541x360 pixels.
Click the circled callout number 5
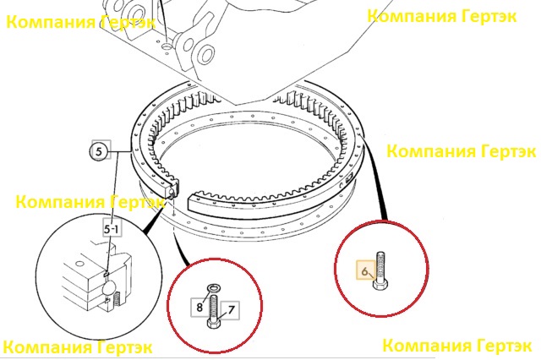(x=99, y=151)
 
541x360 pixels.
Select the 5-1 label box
(x=112, y=228)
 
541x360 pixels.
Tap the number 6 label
(x=365, y=270)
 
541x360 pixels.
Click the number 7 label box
(x=230, y=310)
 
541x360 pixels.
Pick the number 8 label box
(x=200, y=307)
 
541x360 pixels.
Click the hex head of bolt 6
(x=380, y=284)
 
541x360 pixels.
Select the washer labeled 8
(x=214, y=287)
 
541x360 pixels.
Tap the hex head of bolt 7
(x=214, y=323)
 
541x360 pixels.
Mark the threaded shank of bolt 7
(x=214, y=307)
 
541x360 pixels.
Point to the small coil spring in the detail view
(x=117, y=298)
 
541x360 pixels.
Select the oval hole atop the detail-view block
(x=79, y=265)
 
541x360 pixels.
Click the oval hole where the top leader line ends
(x=167, y=45)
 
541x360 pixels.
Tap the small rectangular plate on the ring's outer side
(x=349, y=178)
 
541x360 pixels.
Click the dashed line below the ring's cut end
(x=174, y=205)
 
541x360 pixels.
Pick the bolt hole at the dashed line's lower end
(x=174, y=215)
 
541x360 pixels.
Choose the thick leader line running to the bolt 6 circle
(x=374, y=177)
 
